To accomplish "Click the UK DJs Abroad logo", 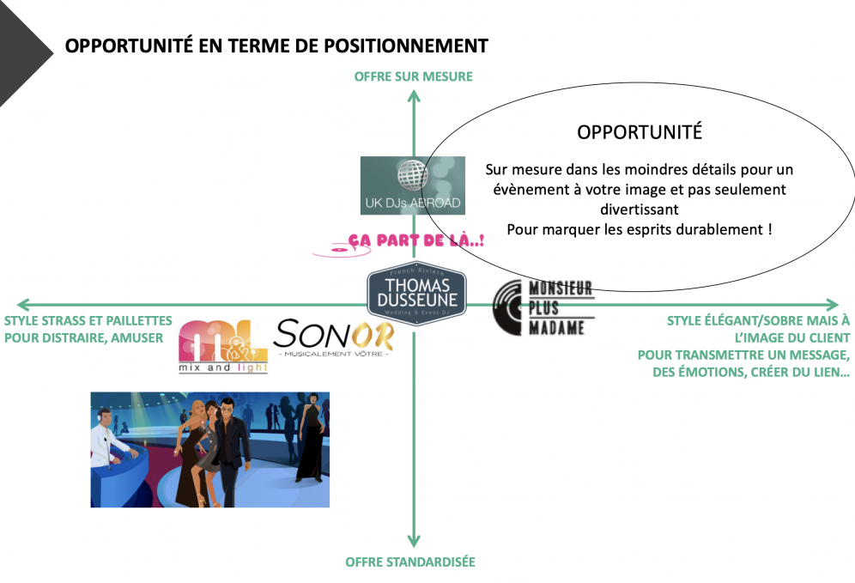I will coord(412,185).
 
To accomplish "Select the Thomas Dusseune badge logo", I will coord(416,295).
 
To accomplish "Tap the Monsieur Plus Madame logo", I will coord(544,307).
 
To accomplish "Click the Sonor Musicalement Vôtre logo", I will coord(333,337).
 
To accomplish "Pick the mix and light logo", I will coord(222,346).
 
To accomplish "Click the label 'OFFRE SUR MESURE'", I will coord(414,76).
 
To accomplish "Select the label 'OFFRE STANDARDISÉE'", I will coord(410,562).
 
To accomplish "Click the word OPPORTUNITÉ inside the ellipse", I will coord(640,132).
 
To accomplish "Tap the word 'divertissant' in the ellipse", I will coord(640,209).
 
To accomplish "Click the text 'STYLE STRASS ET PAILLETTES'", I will coord(88,320).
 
